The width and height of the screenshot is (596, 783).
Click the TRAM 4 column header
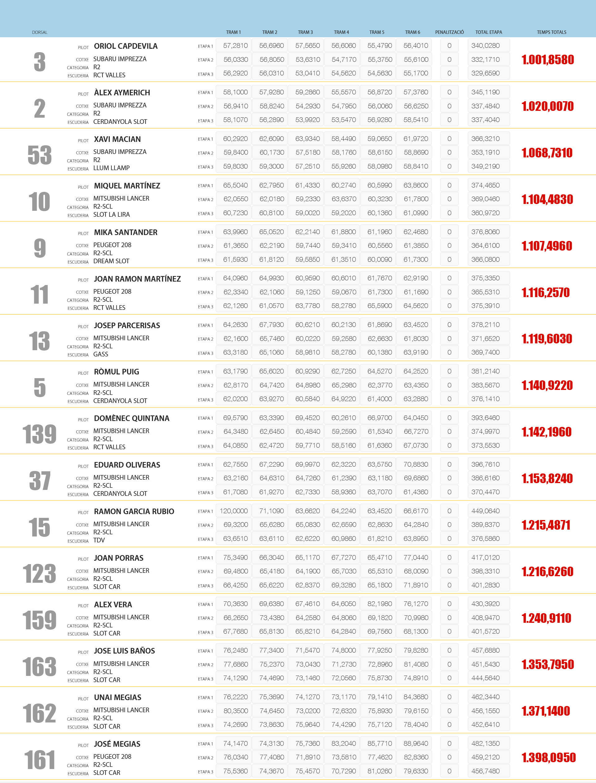click(341, 32)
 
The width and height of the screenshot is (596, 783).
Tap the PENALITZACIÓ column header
click(449, 32)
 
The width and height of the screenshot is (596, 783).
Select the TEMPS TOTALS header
click(551, 32)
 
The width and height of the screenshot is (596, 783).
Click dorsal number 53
click(40, 155)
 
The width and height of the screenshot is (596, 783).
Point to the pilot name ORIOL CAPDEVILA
click(126, 46)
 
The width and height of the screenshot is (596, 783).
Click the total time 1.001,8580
click(547, 60)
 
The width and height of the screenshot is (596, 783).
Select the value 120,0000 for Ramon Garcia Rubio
click(233, 511)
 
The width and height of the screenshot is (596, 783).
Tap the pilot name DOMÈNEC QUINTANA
click(132, 418)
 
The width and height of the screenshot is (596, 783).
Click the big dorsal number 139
click(39, 434)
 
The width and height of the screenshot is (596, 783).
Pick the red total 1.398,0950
click(548, 758)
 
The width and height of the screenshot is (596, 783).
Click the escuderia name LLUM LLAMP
click(111, 168)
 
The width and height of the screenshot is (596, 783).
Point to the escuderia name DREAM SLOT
click(111, 261)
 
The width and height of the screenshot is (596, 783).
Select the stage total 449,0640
click(485, 511)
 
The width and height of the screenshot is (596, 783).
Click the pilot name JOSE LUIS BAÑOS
click(124, 651)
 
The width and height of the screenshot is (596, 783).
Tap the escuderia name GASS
click(101, 354)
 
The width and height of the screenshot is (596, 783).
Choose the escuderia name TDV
click(99, 540)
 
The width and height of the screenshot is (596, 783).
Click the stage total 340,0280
click(485, 46)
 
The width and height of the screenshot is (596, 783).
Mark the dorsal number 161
click(39, 760)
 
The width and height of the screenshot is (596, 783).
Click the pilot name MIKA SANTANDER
click(126, 232)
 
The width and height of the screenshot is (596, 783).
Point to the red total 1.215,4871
click(546, 525)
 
